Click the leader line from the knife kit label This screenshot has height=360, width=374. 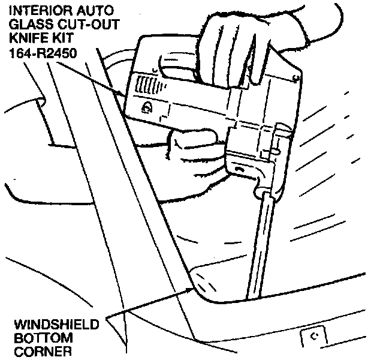tap(99, 78)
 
